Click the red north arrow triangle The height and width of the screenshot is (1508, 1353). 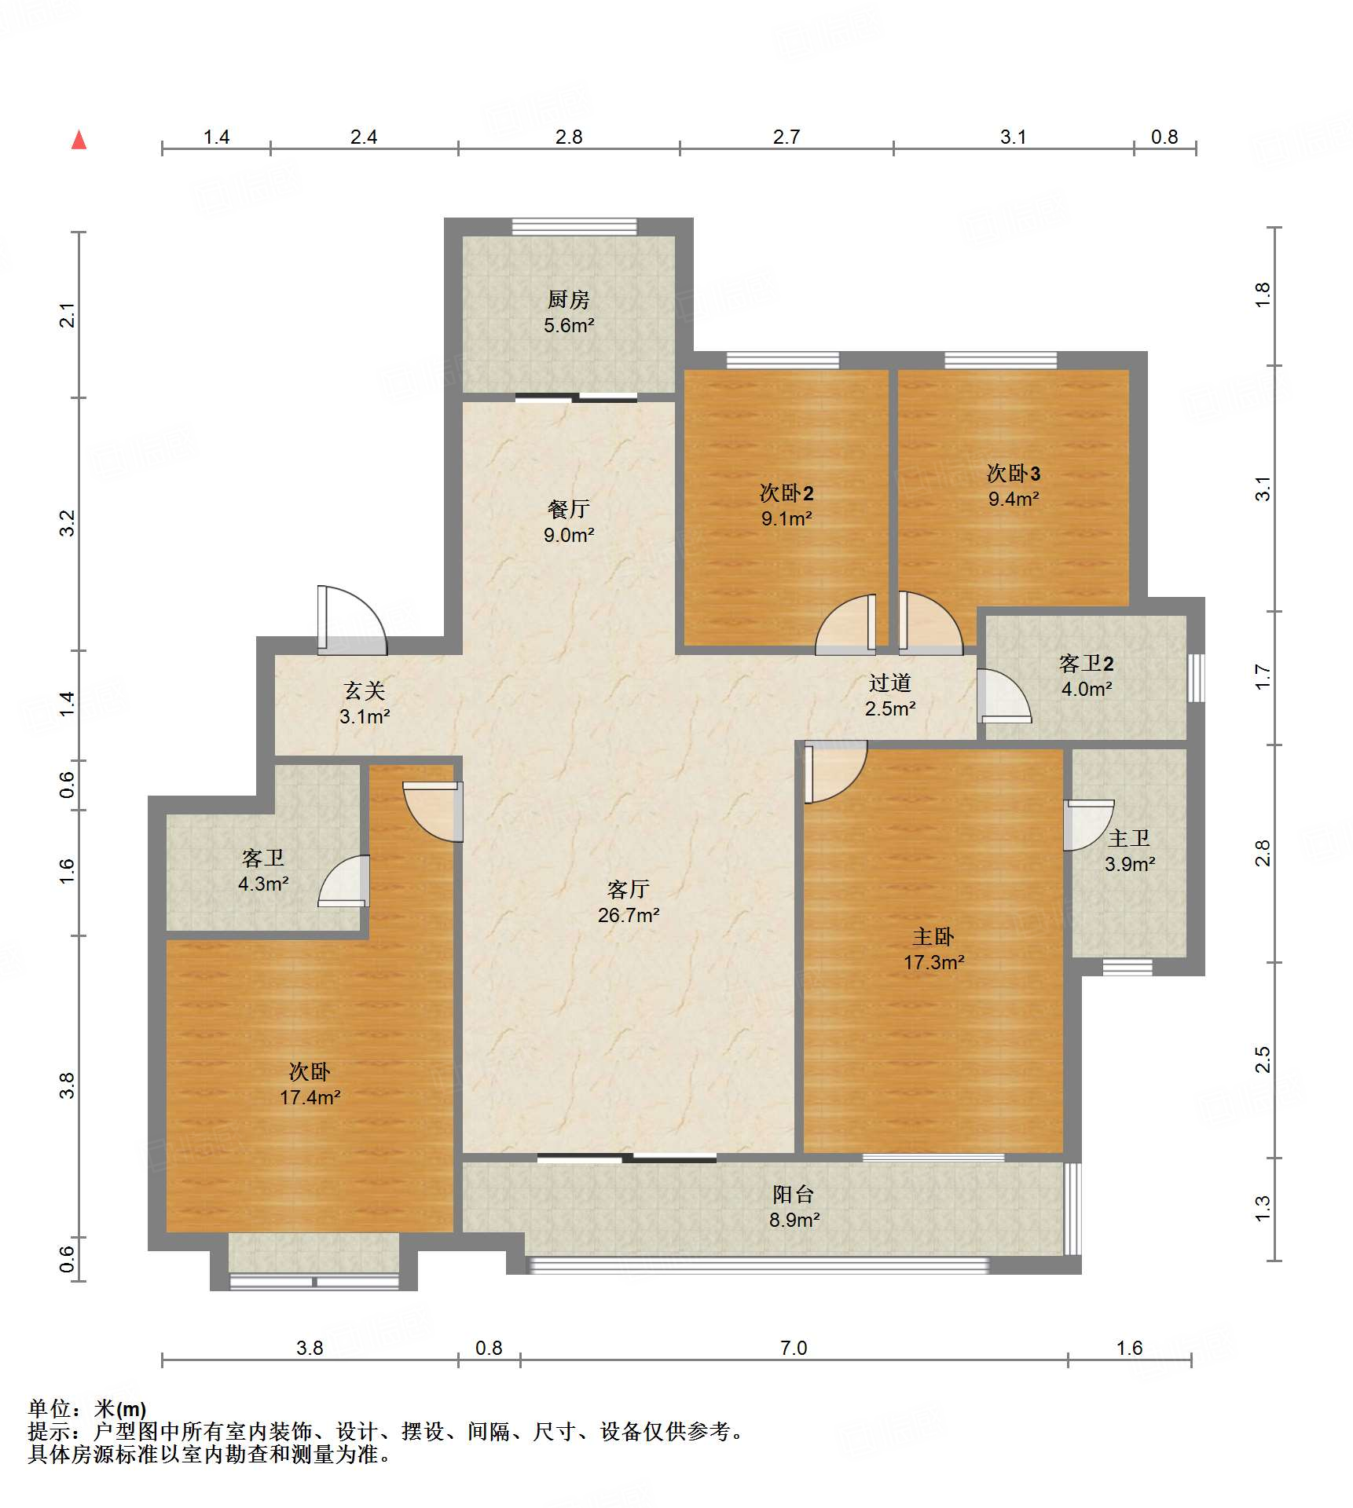(x=79, y=140)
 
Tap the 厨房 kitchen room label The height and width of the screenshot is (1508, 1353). (x=568, y=299)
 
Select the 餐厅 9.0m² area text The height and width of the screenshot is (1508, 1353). (x=569, y=535)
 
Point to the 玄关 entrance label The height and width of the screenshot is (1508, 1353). (x=365, y=690)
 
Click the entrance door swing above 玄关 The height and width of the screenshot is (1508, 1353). (x=351, y=620)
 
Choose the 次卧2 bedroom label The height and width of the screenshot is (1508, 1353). (x=786, y=492)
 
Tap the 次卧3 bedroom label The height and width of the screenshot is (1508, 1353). (x=1014, y=473)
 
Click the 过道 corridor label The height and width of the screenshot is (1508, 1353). (x=890, y=683)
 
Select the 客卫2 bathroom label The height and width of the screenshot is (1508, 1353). (x=1087, y=664)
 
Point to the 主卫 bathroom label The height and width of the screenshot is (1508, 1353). (x=1130, y=839)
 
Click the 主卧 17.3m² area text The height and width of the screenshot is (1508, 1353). (x=933, y=962)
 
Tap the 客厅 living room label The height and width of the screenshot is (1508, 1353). (x=628, y=889)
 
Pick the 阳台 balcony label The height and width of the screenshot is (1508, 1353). (x=794, y=1194)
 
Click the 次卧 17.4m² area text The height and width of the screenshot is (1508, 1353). (x=310, y=1097)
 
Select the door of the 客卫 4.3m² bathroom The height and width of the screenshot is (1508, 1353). (x=343, y=880)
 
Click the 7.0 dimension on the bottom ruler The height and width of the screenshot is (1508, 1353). (x=794, y=1348)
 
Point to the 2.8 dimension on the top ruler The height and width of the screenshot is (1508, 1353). (x=569, y=137)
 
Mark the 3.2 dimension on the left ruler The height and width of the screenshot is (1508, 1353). (x=68, y=523)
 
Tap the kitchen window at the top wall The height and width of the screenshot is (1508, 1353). (x=574, y=227)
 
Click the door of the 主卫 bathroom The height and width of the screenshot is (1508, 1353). (x=1089, y=825)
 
